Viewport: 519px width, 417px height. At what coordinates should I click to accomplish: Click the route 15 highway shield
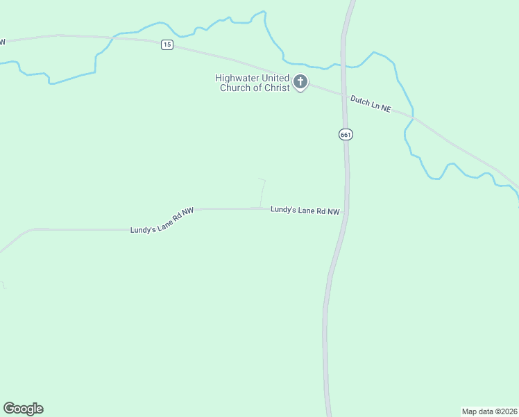click(x=167, y=44)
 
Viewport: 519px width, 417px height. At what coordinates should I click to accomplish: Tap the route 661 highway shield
click(x=346, y=134)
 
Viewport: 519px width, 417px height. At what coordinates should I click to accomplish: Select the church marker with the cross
click(x=300, y=83)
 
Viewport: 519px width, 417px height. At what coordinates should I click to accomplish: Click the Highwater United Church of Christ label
click(x=251, y=83)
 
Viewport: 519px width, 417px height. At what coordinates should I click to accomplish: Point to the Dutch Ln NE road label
click(x=371, y=106)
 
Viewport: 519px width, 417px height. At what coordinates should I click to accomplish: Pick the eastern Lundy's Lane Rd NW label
click(x=305, y=210)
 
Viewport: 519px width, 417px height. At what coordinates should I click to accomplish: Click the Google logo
click(x=23, y=409)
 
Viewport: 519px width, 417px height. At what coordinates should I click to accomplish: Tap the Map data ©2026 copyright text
click(x=489, y=411)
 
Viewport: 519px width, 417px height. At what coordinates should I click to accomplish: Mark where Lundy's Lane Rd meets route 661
click(x=346, y=210)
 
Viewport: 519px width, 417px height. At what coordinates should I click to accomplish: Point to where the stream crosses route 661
click(x=343, y=66)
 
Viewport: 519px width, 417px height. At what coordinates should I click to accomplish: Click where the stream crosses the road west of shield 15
click(x=113, y=38)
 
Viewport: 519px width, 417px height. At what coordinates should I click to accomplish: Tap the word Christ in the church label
click(x=276, y=88)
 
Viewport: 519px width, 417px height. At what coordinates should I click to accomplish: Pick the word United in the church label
click(x=275, y=78)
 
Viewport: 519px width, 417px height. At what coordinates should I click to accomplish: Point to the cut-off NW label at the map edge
click(x=2, y=42)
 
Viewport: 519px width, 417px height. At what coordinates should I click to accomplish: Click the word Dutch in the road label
click(x=359, y=101)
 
